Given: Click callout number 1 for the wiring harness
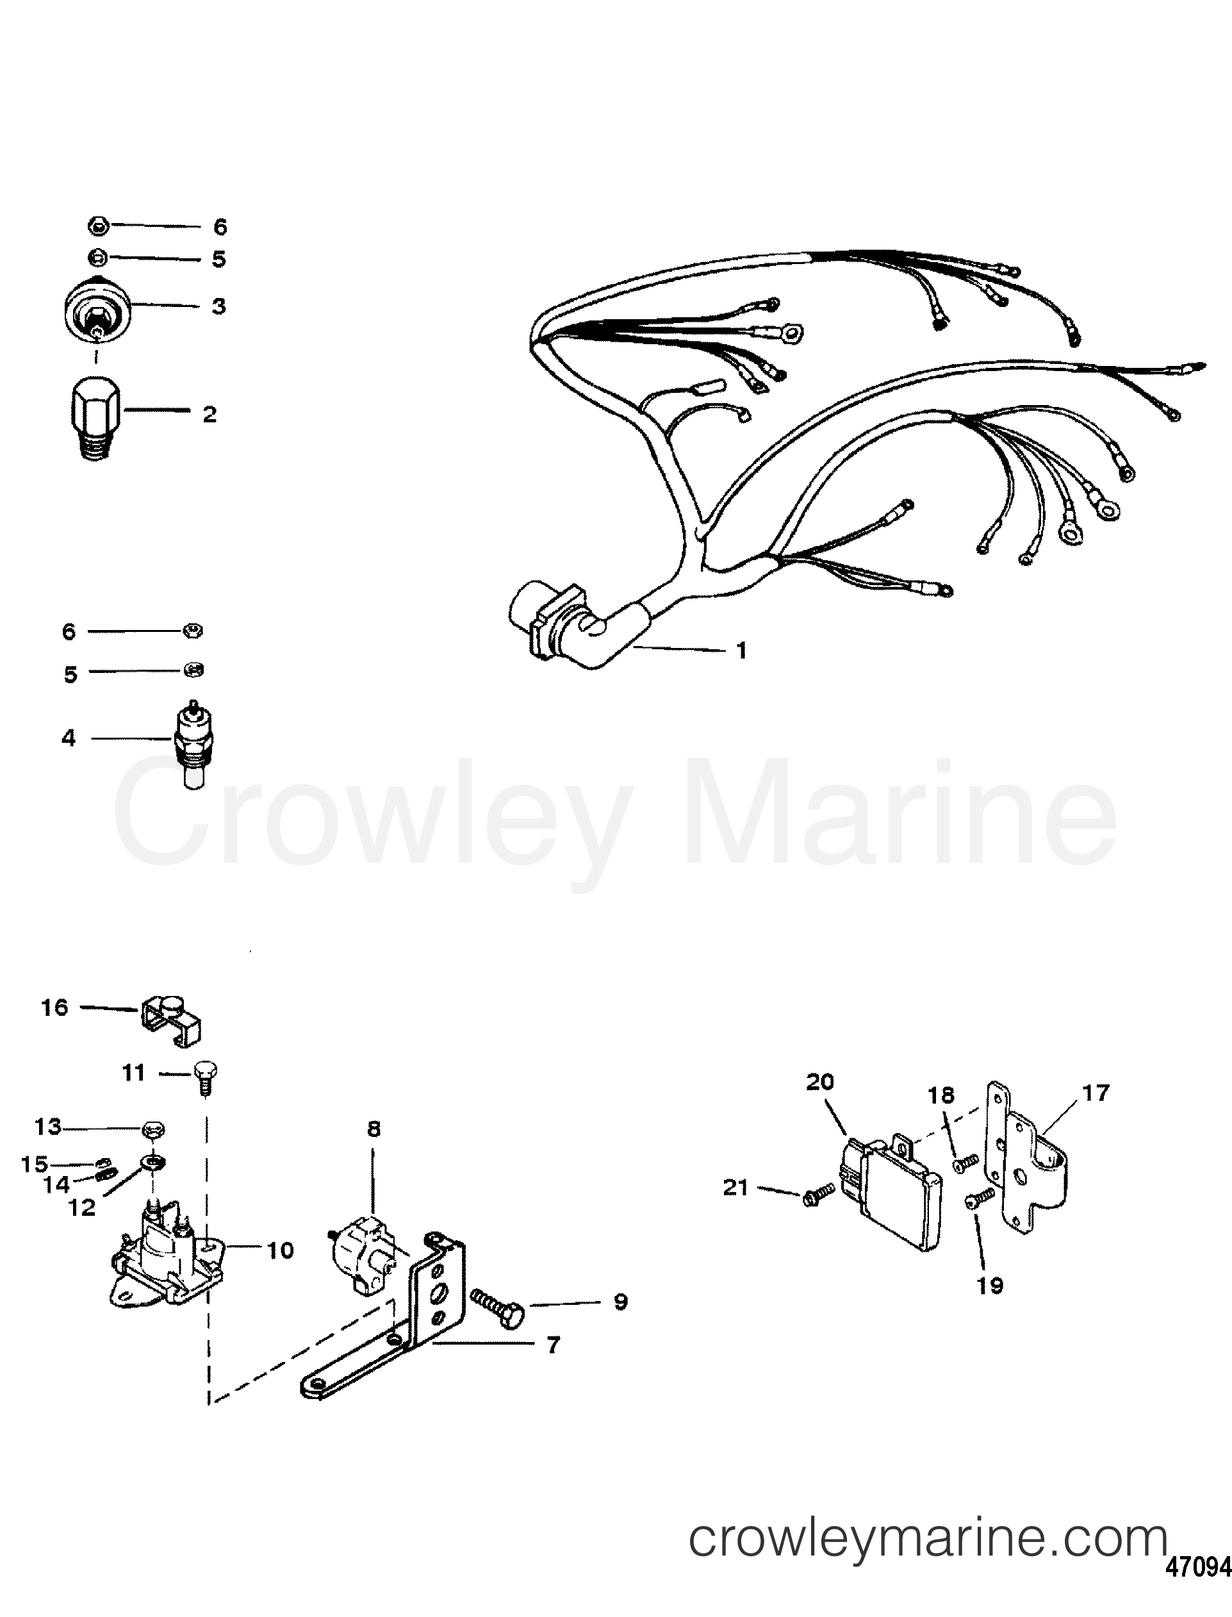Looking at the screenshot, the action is (x=741, y=650).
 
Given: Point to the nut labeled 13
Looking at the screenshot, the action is (x=153, y=1129).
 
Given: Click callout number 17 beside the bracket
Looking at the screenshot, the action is (x=1096, y=1093).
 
